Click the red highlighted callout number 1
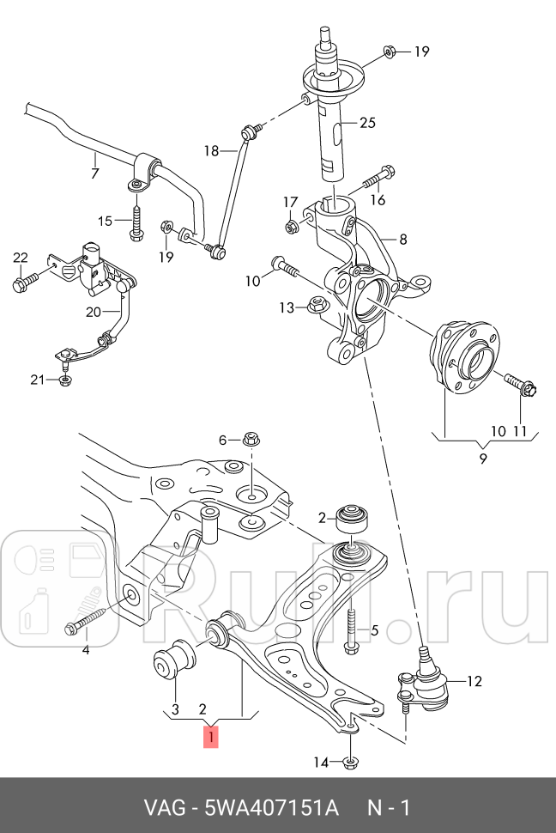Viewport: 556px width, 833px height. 211,737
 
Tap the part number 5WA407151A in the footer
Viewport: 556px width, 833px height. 271,808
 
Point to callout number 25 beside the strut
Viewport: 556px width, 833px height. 367,123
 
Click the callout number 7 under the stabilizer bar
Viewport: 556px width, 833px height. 95,173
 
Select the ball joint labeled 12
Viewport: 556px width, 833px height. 423,682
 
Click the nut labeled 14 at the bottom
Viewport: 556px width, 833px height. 349,763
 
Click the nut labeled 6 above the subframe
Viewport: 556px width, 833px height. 251,440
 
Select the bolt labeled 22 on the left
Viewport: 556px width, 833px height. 26,281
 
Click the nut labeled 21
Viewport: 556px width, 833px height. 65,380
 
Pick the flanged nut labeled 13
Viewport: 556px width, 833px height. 316,305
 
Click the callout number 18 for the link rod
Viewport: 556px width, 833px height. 211,151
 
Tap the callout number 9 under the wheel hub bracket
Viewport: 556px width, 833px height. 483,458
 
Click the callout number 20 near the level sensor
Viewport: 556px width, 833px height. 94,312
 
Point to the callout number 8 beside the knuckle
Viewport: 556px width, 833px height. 403,240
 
